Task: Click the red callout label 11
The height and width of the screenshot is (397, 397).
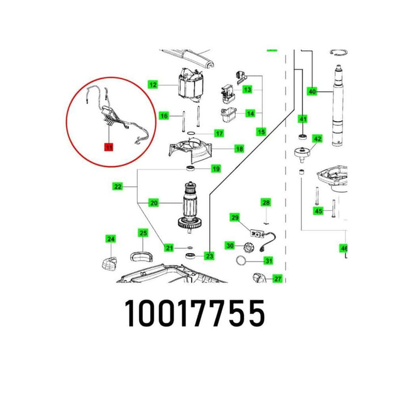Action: point(108,147)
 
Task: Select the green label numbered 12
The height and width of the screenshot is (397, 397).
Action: point(153,85)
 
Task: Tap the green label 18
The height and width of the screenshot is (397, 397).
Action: point(223,149)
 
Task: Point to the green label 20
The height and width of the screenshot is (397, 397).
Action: point(153,202)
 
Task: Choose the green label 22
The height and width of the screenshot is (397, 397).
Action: point(117,186)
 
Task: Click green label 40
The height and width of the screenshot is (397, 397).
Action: point(312,91)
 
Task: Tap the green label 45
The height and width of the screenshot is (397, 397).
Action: point(319,211)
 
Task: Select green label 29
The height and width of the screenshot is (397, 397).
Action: point(235,217)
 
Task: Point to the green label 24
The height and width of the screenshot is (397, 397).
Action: point(111,239)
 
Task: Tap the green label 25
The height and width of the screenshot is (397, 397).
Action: point(143,233)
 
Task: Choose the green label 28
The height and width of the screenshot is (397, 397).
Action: point(265,202)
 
